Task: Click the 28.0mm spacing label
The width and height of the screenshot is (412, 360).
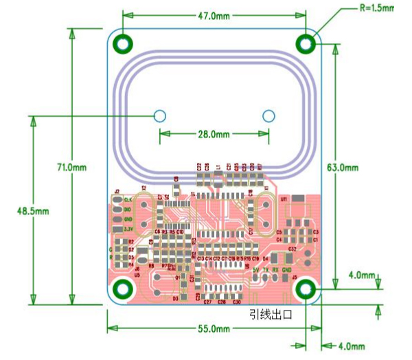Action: (213, 134)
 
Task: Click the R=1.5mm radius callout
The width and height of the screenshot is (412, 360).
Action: (377, 8)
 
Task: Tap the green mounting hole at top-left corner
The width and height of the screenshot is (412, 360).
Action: (124, 43)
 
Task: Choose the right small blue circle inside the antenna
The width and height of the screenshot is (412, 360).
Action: (268, 115)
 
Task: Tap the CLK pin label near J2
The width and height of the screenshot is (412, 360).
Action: (127, 199)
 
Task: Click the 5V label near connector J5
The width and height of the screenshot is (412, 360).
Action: (255, 270)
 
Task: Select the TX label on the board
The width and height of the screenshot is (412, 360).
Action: (266, 270)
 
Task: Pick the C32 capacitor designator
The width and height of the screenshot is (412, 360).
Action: (293, 248)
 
